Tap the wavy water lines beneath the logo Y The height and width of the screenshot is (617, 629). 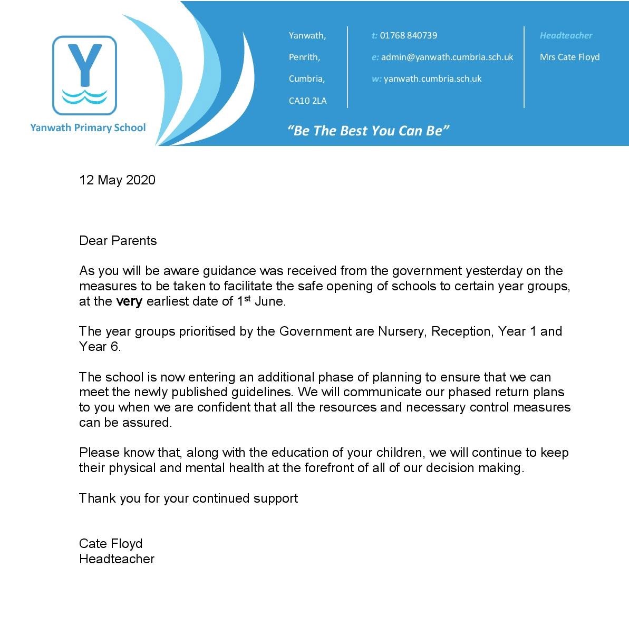84,97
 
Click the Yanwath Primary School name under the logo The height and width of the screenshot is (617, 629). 88,128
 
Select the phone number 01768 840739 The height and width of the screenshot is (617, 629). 408,35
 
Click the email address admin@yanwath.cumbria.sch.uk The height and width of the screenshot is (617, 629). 447,57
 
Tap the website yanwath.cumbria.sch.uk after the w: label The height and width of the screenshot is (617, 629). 432,79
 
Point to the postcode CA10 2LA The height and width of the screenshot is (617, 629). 307,101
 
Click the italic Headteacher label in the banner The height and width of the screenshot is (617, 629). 566,35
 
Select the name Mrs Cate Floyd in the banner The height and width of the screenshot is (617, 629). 569,57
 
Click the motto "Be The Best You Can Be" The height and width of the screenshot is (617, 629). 368,131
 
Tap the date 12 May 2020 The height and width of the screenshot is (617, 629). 117,180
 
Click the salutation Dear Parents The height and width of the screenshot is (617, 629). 118,241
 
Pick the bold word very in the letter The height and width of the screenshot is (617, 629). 129,301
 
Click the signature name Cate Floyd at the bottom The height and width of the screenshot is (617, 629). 111,544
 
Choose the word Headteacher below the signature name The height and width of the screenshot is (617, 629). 117,559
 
